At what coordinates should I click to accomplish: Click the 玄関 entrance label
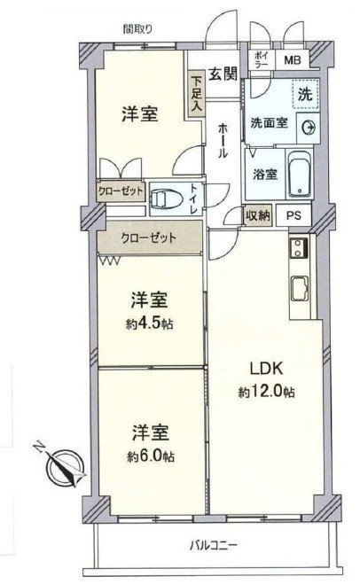click(x=223, y=74)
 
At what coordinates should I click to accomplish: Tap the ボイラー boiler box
click(x=262, y=59)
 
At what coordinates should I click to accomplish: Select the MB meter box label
click(x=293, y=60)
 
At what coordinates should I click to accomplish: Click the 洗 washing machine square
click(x=306, y=94)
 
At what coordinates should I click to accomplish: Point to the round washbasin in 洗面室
click(x=308, y=128)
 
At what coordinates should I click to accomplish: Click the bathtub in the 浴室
click(x=300, y=175)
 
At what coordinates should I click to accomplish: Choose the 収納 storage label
click(x=258, y=215)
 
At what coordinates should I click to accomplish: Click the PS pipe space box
click(x=293, y=215)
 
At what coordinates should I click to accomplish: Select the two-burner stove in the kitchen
click(x=298, y=247)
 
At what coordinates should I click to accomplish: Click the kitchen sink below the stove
click(x=299, y=288)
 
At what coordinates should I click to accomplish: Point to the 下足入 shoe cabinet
click(x=196, y=93)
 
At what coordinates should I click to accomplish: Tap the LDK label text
click(x=267, y=369)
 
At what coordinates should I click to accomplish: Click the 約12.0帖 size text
click(x=267, y=392)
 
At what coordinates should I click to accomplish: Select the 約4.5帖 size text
click(x=150, y=323)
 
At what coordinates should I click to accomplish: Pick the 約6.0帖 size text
click(x=151, y=456)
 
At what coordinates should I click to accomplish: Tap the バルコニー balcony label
click(x=213, y=546)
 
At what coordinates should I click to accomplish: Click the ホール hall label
click(x=223, y=142)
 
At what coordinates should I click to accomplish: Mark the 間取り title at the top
click(x=138, y=28)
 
